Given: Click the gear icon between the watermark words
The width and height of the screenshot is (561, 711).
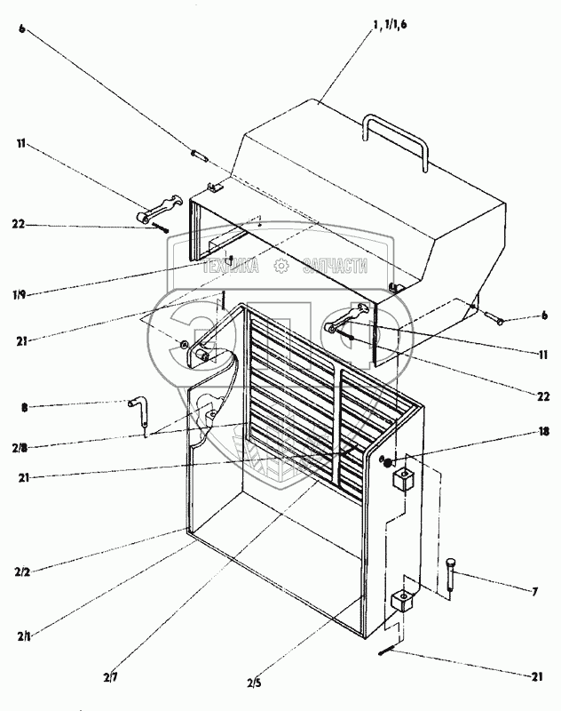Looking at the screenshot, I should (x=281, y=265).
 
